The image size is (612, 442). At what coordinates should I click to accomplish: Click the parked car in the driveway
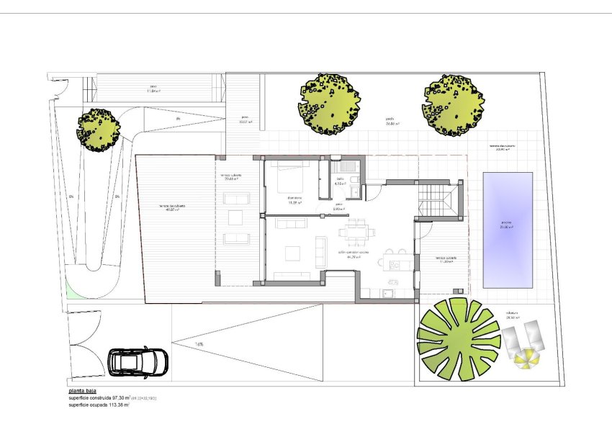(x=138, y=361)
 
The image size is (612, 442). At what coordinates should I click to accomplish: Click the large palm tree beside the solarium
(x=459, y=339)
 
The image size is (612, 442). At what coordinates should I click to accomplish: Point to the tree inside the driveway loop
(x=98, y=129)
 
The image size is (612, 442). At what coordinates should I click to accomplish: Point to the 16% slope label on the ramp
(x=199, y=344)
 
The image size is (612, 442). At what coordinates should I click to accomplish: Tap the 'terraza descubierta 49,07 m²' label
(x=172, y=209)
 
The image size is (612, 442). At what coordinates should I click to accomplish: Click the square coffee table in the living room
(x=292, y=253)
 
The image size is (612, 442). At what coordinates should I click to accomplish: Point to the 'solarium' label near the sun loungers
(x=513, y=313)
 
